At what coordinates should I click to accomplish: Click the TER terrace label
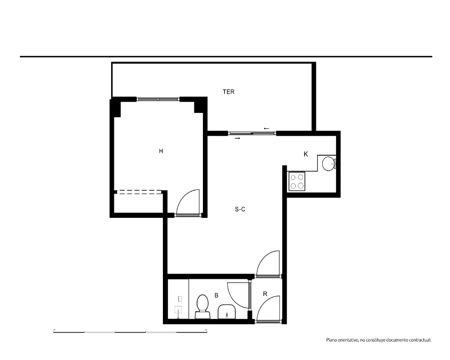coord(229,92)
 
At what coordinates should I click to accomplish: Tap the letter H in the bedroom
coord(161,151)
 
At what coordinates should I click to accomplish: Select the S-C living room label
coord(240,209)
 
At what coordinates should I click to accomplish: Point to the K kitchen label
coord(306,154)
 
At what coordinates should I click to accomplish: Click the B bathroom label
coord(216,295)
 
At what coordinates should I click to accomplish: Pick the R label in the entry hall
coord(265,294)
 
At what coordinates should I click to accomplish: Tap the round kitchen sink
coord(328,164)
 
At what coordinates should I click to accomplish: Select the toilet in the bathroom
coord(202,306)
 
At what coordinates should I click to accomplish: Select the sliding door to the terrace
coord(252,133)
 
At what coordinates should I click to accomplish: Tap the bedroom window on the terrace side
coord(158,99)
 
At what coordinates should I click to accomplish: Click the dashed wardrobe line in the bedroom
coord(139,192)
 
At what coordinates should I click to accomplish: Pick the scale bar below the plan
coord(130,332)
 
